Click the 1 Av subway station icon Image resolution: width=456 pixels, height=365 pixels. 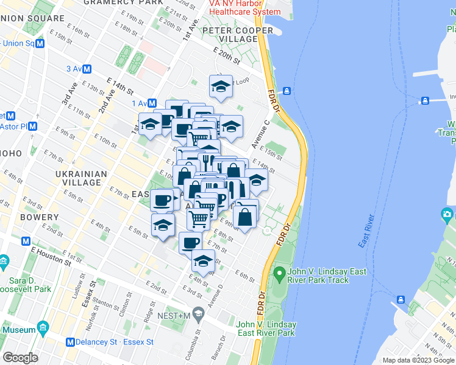[x=152, y=103]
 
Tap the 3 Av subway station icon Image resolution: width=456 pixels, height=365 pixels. [x=87, y=69]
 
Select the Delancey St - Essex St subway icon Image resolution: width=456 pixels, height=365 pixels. [x=71, y=342]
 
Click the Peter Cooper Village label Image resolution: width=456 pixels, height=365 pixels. [x=238, y=35]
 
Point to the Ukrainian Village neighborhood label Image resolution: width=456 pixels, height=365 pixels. [x=82, y=178]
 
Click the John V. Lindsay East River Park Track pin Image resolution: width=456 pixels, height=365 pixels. [x=280, y=276]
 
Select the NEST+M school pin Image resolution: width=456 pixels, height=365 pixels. [x=198, y=315]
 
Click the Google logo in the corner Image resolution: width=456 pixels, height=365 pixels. [x=20, y=358]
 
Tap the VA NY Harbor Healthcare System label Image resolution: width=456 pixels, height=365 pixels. [x=244, y=7]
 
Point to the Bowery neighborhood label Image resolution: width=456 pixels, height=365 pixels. [x=42, y=217]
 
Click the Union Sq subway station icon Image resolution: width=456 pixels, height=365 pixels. [x=40, y=43]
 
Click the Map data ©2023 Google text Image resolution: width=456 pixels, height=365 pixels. [x=418, y=360]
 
